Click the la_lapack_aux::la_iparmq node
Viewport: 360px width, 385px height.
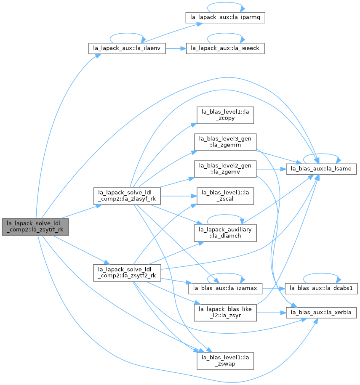225,18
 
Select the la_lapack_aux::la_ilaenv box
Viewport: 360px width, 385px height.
127,48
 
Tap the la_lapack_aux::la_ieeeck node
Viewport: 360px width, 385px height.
225,48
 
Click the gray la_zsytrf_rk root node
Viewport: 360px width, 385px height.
35,227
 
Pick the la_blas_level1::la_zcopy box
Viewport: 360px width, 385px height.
225,115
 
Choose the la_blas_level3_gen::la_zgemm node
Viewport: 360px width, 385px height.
225,142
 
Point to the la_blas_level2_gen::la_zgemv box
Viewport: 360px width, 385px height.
225,169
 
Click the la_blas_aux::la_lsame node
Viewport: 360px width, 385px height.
321,169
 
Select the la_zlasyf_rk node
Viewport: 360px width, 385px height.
127,196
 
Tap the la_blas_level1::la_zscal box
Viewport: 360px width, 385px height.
225,196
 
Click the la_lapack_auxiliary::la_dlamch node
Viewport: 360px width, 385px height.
225,233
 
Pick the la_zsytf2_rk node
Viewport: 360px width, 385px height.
127,273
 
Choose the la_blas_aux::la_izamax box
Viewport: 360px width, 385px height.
225,289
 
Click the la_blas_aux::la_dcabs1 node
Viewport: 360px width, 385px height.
321,289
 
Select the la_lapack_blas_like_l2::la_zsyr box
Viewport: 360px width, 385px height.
225,313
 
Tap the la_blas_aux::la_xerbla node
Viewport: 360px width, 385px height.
321,313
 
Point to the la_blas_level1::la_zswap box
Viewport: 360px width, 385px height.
225,361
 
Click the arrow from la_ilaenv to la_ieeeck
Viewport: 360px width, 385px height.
176,49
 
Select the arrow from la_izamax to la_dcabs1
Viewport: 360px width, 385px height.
274,289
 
